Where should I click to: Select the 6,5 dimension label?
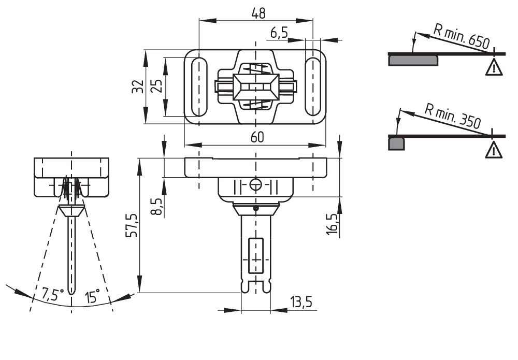coord(279,33)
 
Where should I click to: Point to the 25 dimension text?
coord(156,85)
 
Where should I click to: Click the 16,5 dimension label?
coord(332,224)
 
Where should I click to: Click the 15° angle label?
coord(92,297)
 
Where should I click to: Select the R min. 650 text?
coord(461,36)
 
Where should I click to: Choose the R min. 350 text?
coord(452,117)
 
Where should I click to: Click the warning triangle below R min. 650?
coord(494,67)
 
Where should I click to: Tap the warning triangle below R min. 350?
coord(494,150)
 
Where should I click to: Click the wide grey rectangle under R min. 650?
coord(413,60)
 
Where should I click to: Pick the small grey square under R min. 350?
coord(397,143)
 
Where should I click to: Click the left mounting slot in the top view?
coord(199,87)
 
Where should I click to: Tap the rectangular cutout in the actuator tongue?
coord(255,256)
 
